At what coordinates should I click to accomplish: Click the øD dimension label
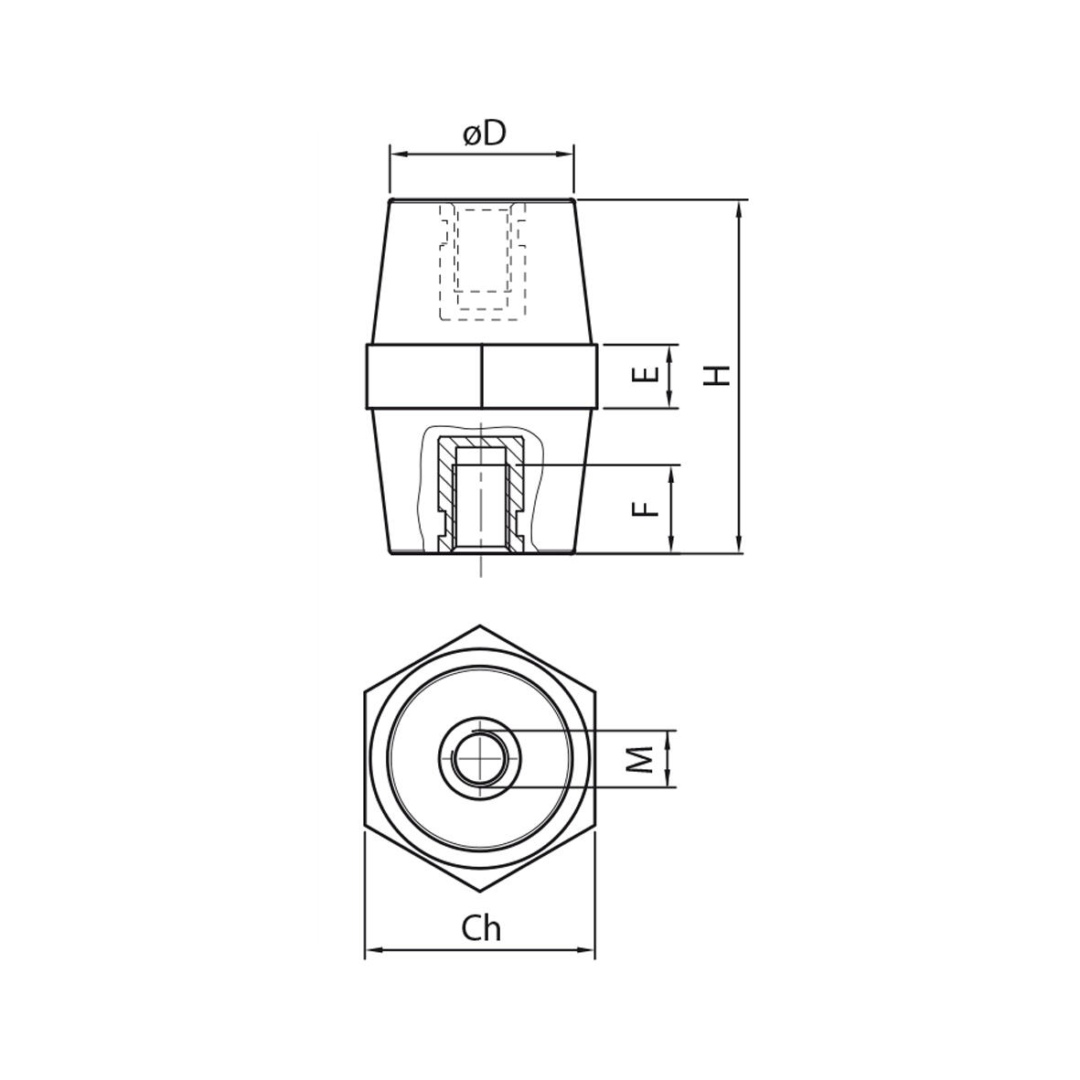click(484, 134)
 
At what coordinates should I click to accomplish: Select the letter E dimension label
click(646, 375)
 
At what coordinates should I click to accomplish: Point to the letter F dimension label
click(646, 508)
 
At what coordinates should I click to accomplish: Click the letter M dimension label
click(646, 758)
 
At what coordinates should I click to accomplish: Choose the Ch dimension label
click(481, 928)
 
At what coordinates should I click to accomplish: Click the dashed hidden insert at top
click(482, 261)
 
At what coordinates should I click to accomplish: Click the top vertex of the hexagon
click(481, 626)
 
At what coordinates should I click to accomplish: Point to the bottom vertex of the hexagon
click(481, 892)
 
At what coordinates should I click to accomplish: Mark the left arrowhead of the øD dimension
click(395, 155)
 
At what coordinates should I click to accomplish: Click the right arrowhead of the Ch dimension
click(590, 951)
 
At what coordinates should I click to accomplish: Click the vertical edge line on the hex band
click(482, 375)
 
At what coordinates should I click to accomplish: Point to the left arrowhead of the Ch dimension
click(370, 951)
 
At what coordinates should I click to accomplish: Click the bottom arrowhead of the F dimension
click(672, 548)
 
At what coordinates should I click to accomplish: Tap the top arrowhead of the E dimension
click(672, 350)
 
